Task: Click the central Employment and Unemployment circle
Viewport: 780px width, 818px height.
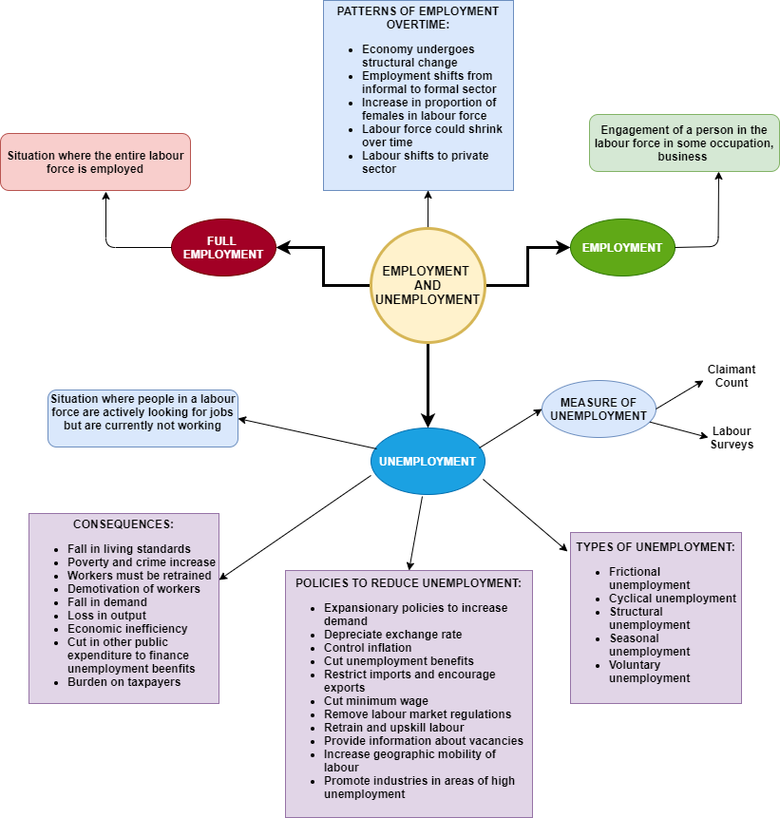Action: [x=428, y=284]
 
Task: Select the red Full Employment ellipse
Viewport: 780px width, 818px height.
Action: [x=223, y=248]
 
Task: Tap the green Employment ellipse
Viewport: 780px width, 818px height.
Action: [x=622, y=247]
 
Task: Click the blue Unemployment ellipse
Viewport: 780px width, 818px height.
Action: [x=428, y=462]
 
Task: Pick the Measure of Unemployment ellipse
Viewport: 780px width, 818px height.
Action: [x=599, y=409]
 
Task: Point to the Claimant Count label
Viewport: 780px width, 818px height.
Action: [x=732, y=376]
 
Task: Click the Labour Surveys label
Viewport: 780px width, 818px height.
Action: [x=732, y=438]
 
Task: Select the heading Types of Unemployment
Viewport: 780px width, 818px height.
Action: [x=656, y=547]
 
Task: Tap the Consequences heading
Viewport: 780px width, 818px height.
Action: [x=124, y=523]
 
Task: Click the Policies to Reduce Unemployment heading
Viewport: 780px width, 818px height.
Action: [x=409, y=582]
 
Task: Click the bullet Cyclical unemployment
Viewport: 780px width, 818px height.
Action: [x=673, y=599]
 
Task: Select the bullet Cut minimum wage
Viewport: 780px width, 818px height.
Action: [x=376, y=701]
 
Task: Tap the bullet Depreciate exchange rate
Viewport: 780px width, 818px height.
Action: [x=393, y=635]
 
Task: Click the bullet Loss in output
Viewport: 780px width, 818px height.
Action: [x=107, y=616]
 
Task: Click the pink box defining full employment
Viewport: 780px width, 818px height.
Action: [x=95, y=162]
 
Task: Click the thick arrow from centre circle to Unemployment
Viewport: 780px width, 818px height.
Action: [x=428, y=385]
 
